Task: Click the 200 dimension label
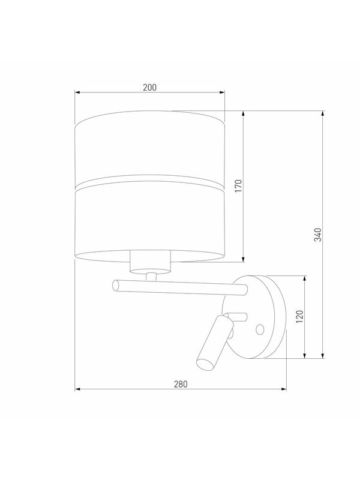click(x=149, y=88)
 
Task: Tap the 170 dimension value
click(x=238, y=186)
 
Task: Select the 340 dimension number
click(x=318, y=235)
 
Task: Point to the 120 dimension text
click(x=299, y=317)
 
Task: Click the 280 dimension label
click(x=181, y=384)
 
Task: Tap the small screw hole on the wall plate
click(x=260, y=329)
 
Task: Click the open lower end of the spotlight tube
click(x=204, y=364)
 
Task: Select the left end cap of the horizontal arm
click(x=116, y=286)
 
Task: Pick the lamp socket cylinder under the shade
click(x=150, y=262)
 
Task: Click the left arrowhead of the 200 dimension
click(x=77, y=92)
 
